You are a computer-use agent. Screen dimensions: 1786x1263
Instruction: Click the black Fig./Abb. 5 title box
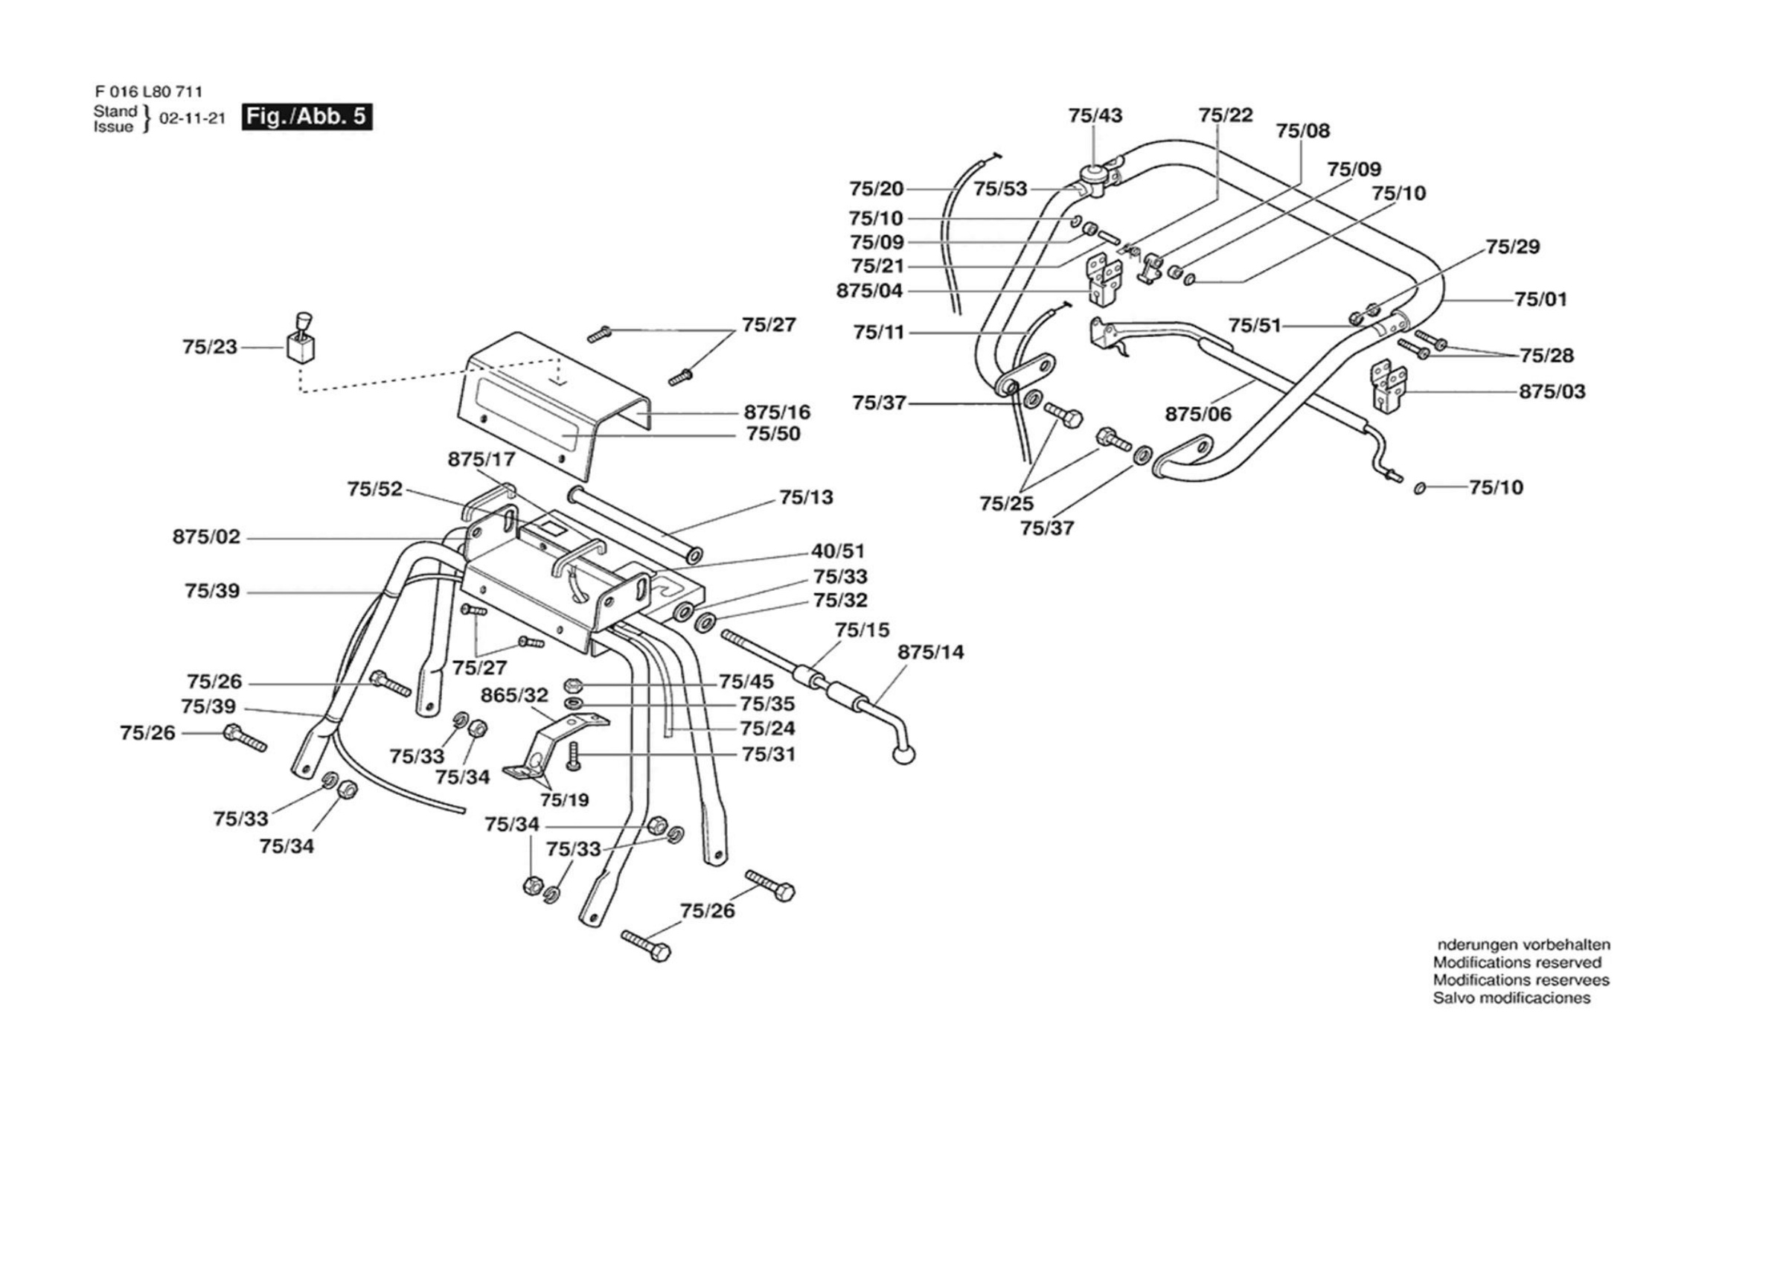coord(307,117)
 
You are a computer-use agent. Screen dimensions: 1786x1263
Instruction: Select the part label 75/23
coord(210,347)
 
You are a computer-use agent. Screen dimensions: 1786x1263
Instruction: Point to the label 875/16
coord(777,412)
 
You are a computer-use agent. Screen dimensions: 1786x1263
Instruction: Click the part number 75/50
coord(773,433)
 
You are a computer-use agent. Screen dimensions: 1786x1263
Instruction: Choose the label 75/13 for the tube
coord(806,497)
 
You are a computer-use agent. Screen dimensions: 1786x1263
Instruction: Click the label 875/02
coord(206,537)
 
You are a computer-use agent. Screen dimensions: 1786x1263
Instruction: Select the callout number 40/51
coord(838,551)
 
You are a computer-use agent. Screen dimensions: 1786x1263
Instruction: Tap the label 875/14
coord(930,652)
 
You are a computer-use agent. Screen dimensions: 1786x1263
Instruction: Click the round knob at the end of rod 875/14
coord(903,753)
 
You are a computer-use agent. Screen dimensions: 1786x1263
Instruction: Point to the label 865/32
coord(514,695)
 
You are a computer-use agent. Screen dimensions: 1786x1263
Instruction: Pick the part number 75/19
coord(565,799)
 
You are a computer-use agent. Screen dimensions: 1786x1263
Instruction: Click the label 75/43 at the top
coord(1095,116)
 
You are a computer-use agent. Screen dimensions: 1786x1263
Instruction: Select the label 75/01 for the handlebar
coord(1541,299)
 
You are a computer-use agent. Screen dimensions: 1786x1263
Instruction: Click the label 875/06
coord(1198,414)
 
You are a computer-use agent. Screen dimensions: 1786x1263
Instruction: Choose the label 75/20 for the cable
coord(876,189)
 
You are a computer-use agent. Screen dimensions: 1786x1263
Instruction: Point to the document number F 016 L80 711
coord(148,92)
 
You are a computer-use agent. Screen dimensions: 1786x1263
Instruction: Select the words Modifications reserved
coord(1517,962)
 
